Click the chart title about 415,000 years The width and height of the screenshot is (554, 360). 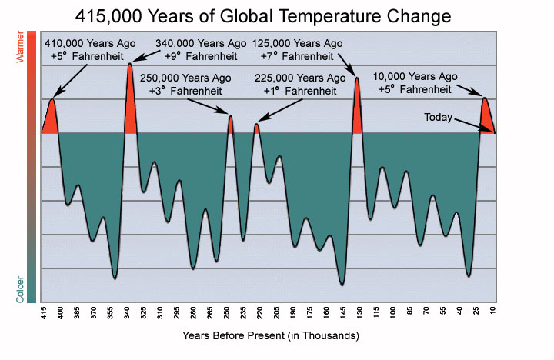[x=277, y=15]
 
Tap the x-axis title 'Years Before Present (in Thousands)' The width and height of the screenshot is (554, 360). [x=271, y=336]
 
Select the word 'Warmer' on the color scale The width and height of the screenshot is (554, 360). [x=32, y=43]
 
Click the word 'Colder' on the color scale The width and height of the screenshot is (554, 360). [x=32, y=287]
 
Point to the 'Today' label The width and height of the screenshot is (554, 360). [x=439, y=117]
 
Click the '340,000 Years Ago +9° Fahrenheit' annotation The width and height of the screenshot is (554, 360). [x=192, y=50]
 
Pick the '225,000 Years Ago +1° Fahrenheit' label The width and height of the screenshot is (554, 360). [x=300, y=85]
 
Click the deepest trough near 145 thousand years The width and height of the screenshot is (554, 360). [x=342, y=282]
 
